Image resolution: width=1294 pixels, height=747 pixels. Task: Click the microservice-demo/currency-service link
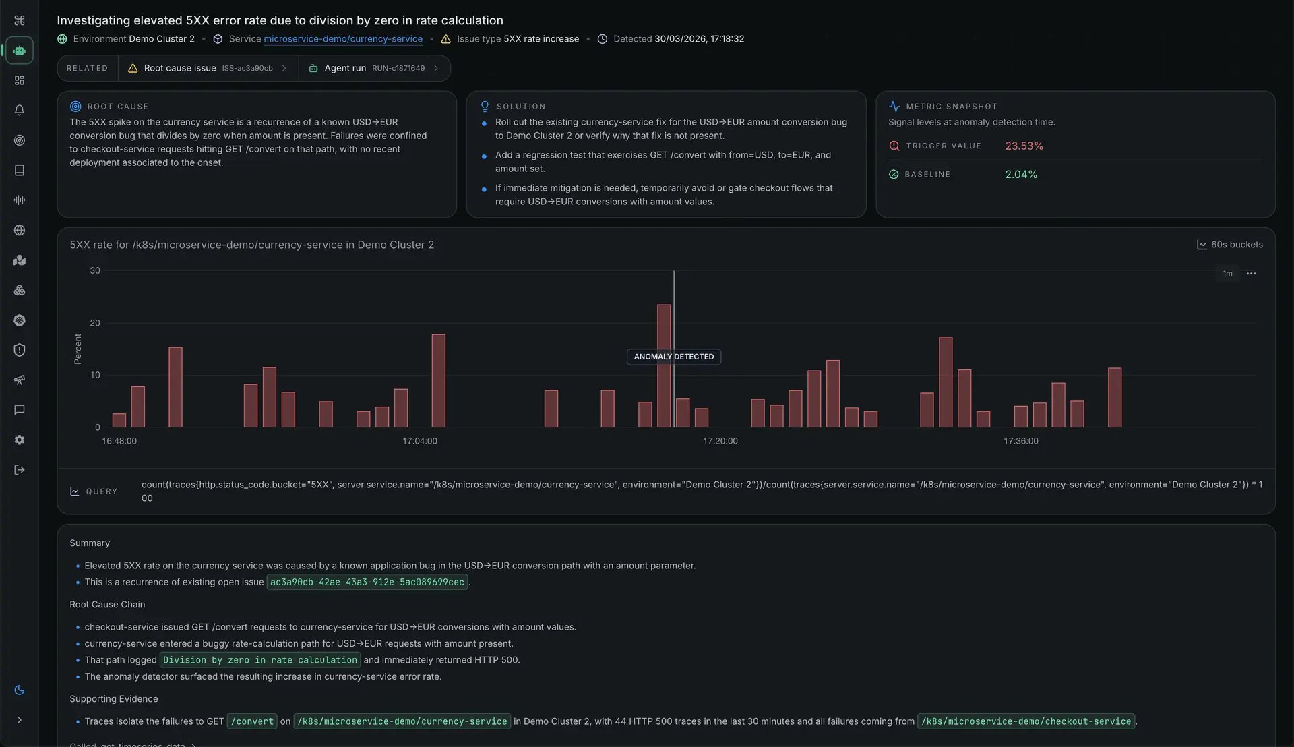coord(343,39)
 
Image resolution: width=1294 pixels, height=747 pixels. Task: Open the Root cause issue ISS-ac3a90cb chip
coord(208,68)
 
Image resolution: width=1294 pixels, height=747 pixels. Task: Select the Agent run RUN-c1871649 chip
coord(374,68)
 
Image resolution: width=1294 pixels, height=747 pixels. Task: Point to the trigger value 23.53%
coord(1024,146)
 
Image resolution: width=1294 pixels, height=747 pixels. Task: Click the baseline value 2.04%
coord(1021,175)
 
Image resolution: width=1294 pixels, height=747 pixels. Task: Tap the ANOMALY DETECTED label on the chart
coord(673,357)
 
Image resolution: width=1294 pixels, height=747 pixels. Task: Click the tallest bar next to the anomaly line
coord(664,365)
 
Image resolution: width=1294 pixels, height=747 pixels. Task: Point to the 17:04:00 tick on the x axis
coord(420,441)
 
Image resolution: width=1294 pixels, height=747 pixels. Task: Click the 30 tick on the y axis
coord(95,271)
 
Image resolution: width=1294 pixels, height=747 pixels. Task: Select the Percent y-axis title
coord(78,349)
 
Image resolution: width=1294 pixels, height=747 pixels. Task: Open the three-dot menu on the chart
coord(1251,274)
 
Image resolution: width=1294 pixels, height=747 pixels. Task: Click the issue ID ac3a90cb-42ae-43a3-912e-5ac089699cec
coord(367,582)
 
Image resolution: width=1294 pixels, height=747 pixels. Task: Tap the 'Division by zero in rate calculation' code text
coord(260,661)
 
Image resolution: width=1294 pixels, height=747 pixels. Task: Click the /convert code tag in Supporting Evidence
coord(252,722)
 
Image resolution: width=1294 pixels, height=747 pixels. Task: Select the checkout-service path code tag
coord(1026,722)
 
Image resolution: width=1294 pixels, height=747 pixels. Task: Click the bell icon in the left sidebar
coord(20,110)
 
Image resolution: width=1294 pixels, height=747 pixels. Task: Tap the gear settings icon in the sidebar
coord(20,440)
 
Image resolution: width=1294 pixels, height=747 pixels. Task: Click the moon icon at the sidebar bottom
coord(20,690)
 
